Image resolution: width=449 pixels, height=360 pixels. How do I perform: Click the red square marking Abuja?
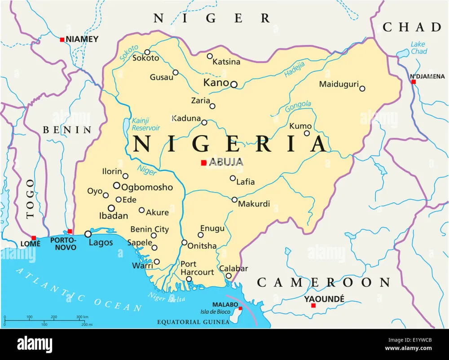click(x=203, y=162)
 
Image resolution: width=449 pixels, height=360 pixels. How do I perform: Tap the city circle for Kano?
click(x=233, y=84)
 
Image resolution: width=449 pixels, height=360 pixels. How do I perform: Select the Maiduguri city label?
click(x=339, y=84)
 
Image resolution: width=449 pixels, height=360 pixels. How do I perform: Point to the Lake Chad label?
click(x=418, y=48)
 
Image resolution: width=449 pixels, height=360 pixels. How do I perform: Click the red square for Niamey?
click(x=62, y=40)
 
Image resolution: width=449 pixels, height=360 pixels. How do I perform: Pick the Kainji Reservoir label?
click(x=146, y=124)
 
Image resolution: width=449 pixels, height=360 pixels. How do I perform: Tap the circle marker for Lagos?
click(x=88, y=234)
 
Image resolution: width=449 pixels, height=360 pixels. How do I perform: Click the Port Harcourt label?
click(x=197, y=268)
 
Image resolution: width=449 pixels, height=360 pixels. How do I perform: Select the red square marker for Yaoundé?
click(x=313, y=305)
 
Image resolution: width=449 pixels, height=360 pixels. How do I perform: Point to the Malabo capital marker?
click(x=240, y=308)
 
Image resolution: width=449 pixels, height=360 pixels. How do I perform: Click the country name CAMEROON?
click(x=323, y=282)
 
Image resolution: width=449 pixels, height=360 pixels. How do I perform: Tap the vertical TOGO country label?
click(x=30, y=198)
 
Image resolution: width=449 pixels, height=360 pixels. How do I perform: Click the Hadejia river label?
click(x=295, y=69)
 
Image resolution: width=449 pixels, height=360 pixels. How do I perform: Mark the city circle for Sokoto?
click(x=147, y=52)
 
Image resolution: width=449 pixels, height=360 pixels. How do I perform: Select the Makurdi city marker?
click(x=234, y=199)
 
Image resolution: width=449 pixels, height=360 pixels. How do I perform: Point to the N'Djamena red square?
click(x=414, y=82)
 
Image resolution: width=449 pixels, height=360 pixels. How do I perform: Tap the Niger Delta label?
click(x=167, y=297)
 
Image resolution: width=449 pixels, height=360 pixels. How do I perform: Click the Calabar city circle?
click(x=229, y=276)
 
